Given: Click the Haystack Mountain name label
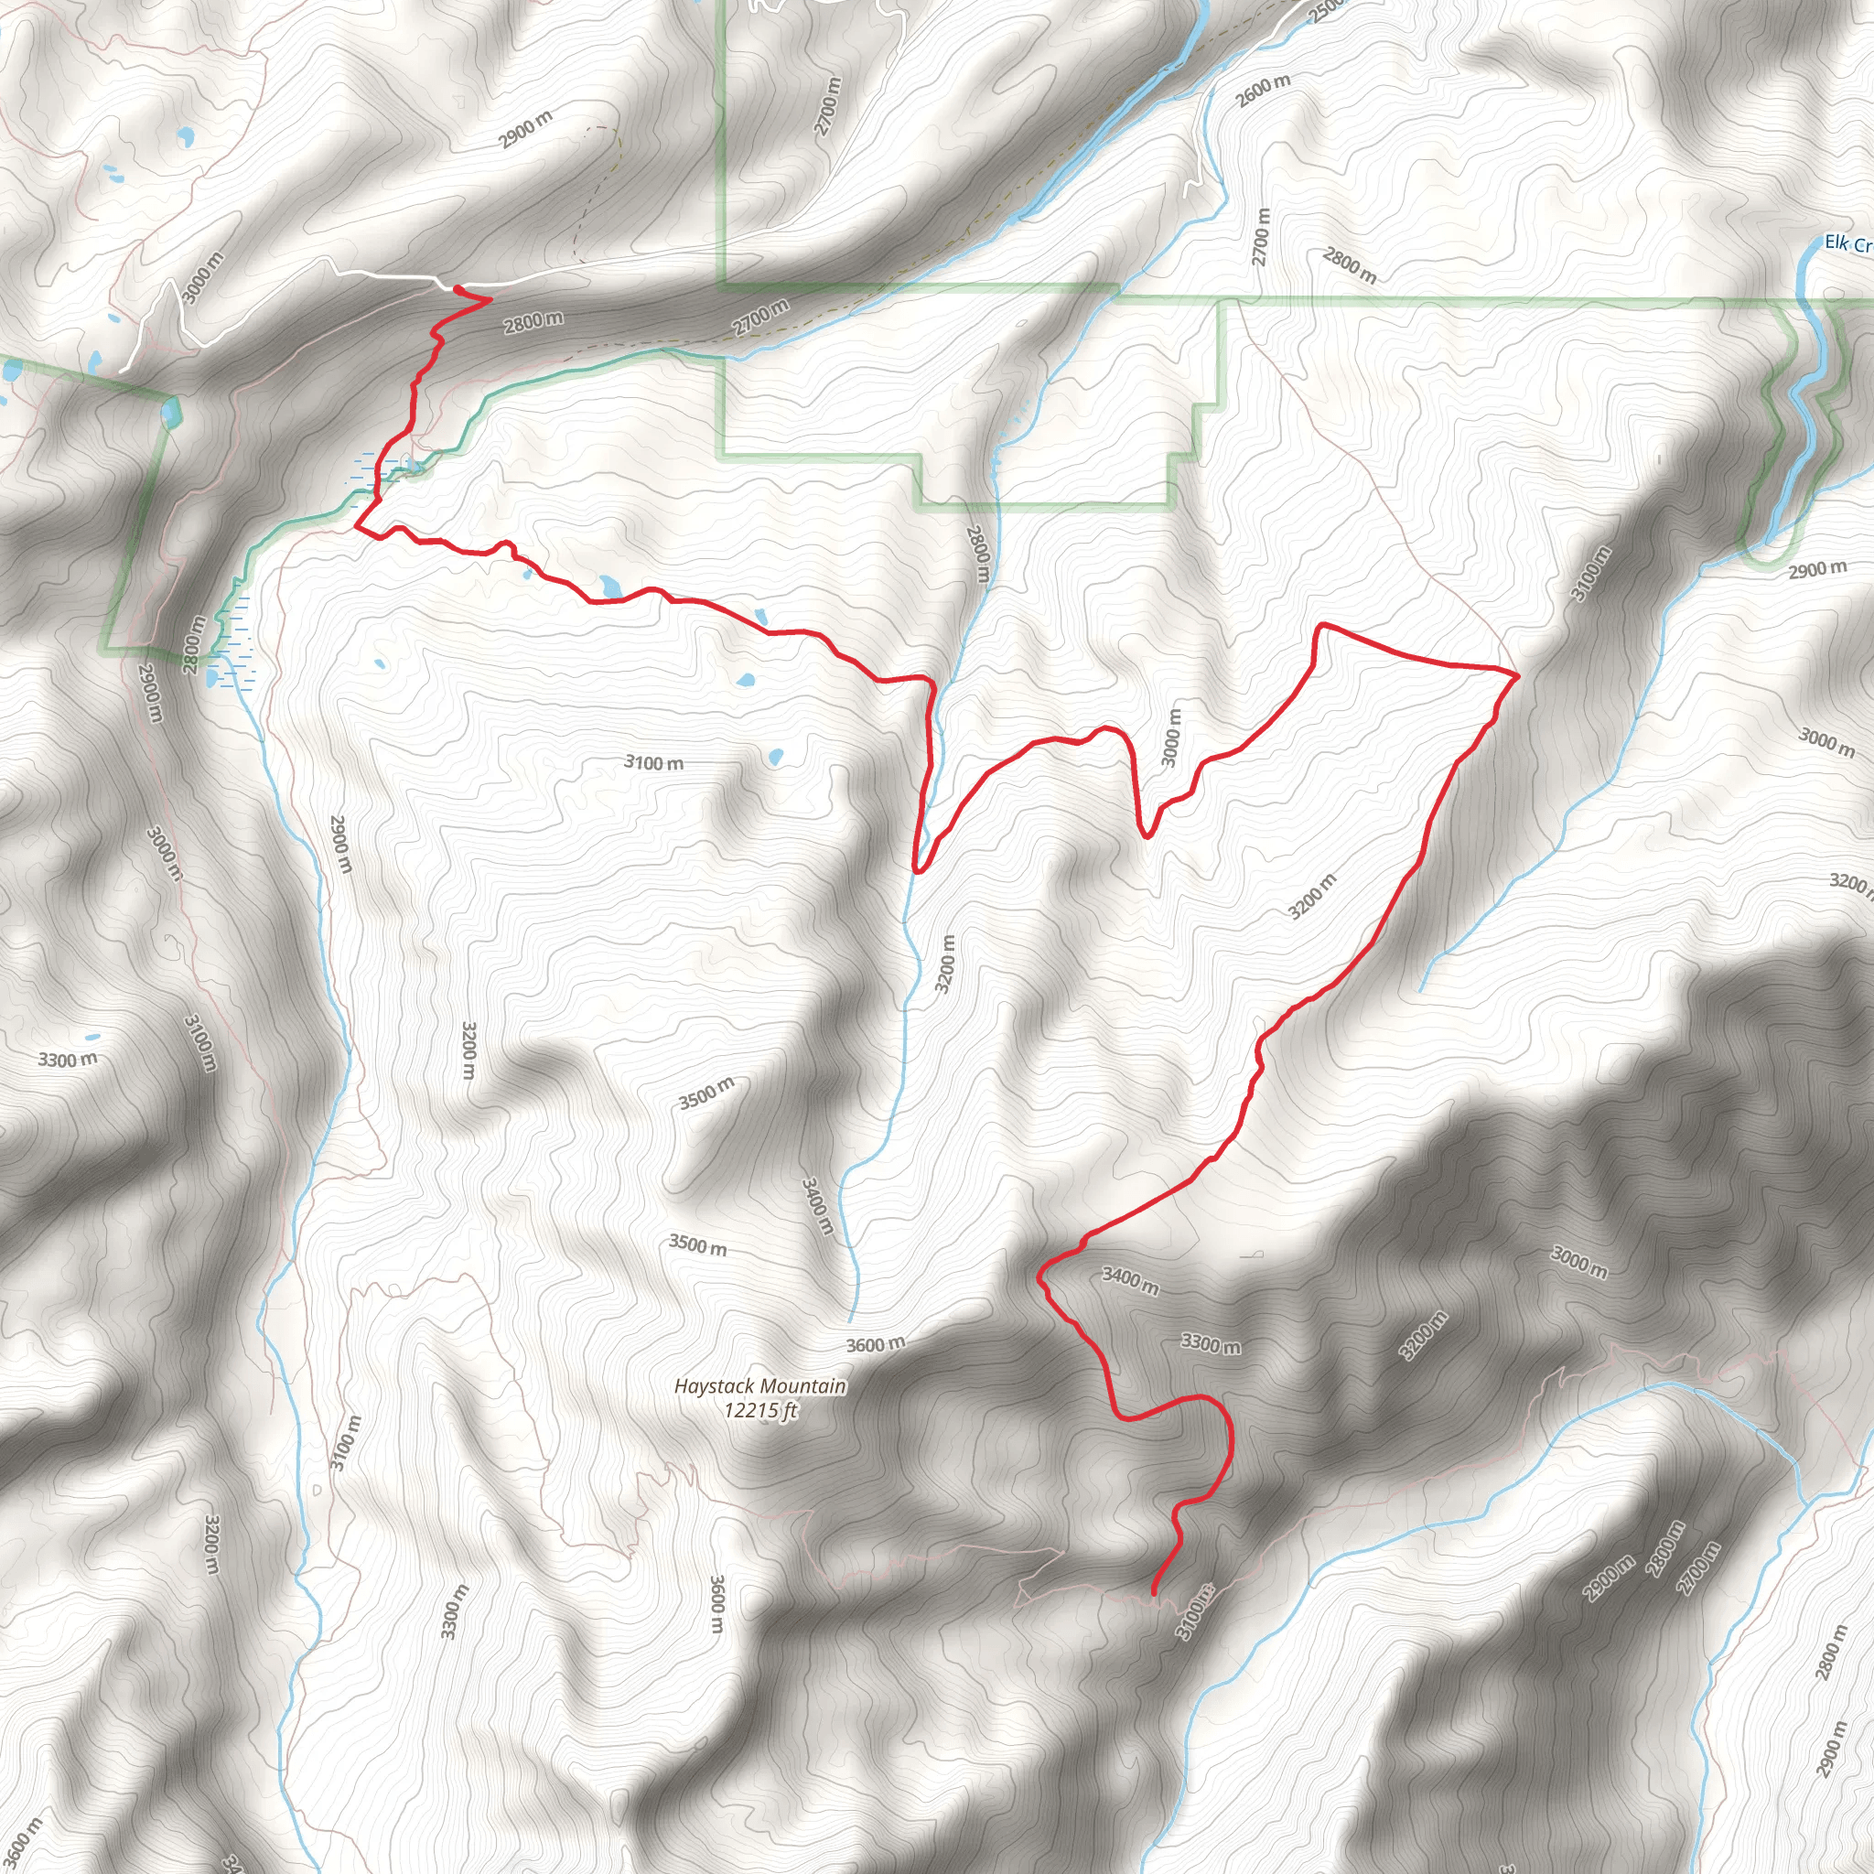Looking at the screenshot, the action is (759, 1387).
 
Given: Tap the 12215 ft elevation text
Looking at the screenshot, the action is (759, 1410).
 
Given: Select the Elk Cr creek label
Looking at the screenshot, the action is (1847, 243).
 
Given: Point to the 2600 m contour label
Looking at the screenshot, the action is (1263, 92).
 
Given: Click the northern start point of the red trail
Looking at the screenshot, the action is (457, 288).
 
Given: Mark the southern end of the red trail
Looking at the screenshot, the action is (1153, 1592).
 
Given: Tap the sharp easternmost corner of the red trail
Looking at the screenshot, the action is (1516, 670).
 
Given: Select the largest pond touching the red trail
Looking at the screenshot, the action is (610, 586).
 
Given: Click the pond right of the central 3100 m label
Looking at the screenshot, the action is (775, 757).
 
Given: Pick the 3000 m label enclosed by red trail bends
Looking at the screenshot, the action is (1173, 738).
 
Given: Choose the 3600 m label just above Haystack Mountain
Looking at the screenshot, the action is (875, 1344).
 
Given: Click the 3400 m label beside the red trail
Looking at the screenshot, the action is (1130, 1280).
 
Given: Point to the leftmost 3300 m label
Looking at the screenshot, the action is (68, 1060).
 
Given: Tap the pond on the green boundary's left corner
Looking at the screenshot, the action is (172, 413).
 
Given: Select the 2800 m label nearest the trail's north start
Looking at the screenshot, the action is (533, 321).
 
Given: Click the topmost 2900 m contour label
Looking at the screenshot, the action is (526, 130).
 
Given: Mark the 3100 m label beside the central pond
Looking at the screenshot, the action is (653, 762).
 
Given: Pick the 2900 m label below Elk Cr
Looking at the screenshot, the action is (1818, 569).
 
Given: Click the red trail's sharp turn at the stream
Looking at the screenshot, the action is (917, 869).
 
